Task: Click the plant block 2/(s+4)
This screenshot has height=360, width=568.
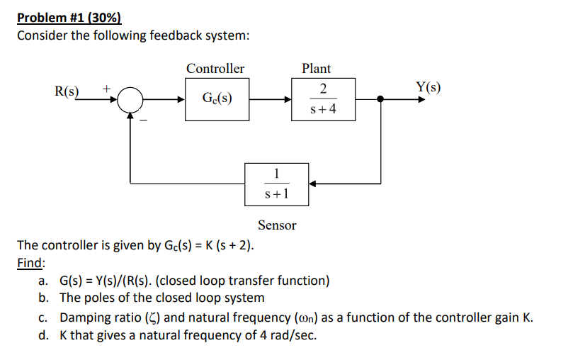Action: click(x=323, y=100)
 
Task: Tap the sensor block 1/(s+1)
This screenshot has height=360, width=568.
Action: click(x=276, y=184)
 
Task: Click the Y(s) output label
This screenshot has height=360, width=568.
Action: click(x=428, y=88)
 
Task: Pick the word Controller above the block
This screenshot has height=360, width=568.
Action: click(x=215, y=69)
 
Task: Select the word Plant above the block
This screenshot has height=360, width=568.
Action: click(x=316, y=69)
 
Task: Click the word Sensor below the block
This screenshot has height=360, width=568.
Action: click(x=277, y=225)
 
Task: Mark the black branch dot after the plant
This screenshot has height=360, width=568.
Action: click(x=381, y=100)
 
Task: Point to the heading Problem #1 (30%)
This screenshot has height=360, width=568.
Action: click(x=64, y=18)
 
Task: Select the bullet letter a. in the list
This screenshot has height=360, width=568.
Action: click(x=46, y=281)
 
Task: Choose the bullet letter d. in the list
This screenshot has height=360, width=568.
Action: click(x=46, y=334)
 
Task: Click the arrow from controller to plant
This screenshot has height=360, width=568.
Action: click(x=270, y=100)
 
